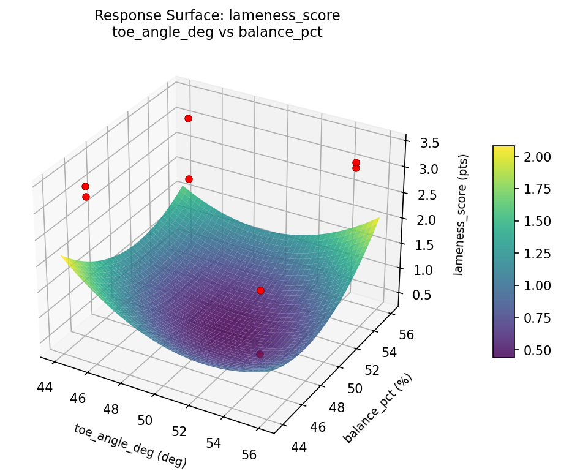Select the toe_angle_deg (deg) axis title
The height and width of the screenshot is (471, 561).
[130, 446]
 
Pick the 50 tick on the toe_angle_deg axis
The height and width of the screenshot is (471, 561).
[145, 420]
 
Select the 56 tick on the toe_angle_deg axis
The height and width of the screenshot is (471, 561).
[249, 454]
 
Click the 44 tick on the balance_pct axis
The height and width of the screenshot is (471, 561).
[299, 447]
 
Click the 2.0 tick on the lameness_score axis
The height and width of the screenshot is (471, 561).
[424, 220]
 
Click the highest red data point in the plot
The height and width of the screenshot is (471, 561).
[188, 118]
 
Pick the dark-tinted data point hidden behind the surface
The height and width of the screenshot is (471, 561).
[260, 354]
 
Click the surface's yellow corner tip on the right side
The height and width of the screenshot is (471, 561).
[378, 219]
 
